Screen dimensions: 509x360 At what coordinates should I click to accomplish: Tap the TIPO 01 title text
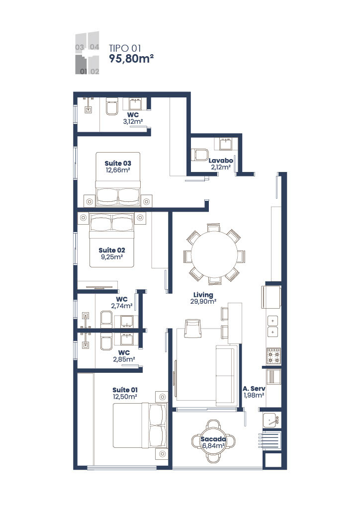[x=126, y=48]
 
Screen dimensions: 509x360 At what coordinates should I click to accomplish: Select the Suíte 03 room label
[x=118, y=163]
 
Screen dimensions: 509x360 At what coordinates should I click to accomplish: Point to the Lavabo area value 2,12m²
[x=221, y=168]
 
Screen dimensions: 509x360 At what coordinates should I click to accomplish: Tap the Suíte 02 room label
[x=111, y=250]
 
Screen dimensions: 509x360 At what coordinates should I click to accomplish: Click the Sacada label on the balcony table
[x=213, y=439]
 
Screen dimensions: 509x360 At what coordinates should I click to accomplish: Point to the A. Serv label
[x=253, y=389]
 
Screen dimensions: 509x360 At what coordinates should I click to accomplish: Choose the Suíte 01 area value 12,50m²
[x=125, y=396]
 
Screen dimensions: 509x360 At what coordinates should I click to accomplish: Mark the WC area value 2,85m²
[x=124, y=359]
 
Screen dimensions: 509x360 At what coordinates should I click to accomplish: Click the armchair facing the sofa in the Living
[x=192, y=328]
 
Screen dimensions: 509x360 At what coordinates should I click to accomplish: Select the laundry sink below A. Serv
[x=271, y=421]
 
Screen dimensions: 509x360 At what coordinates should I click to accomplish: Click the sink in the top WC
[x=135, y=104]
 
